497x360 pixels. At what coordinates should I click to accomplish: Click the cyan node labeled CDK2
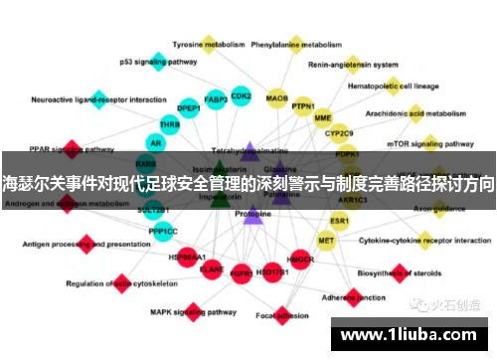(241, 96)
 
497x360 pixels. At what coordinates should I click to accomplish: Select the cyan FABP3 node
(216, 99)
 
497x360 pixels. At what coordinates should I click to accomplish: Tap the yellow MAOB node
(277, 98)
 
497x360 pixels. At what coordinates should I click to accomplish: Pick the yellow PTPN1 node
(303, 105)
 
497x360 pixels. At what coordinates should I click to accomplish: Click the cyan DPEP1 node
(189, 107)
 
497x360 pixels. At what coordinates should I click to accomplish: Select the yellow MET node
(326, 240)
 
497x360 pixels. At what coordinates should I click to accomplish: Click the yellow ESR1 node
(340, 220)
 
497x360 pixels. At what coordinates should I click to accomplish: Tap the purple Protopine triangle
(252, 214)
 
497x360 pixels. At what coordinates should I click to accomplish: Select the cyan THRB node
(170, 125)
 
